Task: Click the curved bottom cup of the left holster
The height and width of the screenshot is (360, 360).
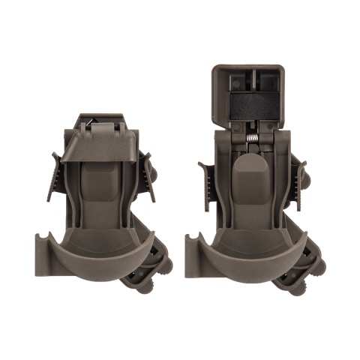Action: (x=105, y=259)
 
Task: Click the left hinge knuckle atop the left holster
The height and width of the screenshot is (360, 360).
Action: (x=85, y=124)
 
